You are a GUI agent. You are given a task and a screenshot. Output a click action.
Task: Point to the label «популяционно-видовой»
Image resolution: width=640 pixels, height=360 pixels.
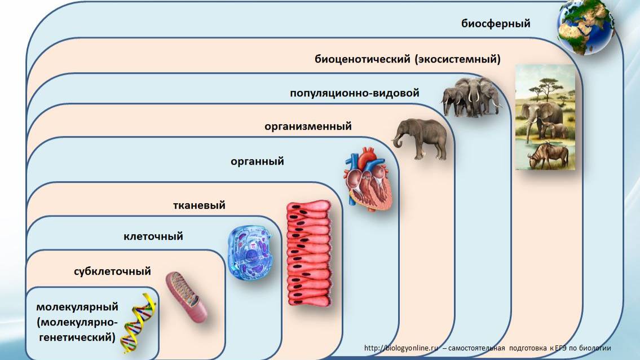point(355,93)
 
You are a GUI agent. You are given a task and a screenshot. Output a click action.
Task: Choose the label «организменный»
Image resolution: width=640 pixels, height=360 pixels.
point(308,126)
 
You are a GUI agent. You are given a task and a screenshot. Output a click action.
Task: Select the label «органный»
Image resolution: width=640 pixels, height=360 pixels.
point(257,162)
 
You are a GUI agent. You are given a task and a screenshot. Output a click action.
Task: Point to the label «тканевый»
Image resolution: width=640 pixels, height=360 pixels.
point(199,205)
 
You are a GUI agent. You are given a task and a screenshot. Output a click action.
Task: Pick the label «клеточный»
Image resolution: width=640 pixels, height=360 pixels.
point(153,236)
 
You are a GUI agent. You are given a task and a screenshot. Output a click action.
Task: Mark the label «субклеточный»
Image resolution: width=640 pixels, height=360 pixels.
point(112,271)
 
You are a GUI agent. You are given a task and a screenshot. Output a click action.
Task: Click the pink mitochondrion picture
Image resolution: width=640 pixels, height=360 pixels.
point(186,297)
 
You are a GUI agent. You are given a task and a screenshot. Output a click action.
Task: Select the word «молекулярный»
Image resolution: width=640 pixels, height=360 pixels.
point(77,308)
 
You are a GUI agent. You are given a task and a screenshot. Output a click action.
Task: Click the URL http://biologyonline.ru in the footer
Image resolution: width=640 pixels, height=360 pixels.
point(401,348)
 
